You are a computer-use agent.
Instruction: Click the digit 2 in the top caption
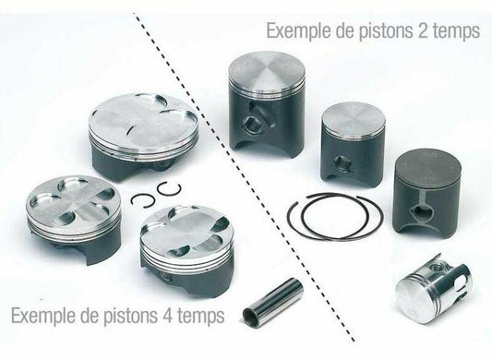click(x=423, y=31)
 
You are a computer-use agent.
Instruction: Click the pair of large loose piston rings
click(x=335, y=217)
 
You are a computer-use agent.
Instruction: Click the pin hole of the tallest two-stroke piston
click(x=252, y=123)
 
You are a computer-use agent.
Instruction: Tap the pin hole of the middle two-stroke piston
click(x=342, y=162)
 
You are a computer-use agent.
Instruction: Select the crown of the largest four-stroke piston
click(x=143, y=121)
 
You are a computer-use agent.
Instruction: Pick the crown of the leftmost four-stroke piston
click(x=74, y=203)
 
